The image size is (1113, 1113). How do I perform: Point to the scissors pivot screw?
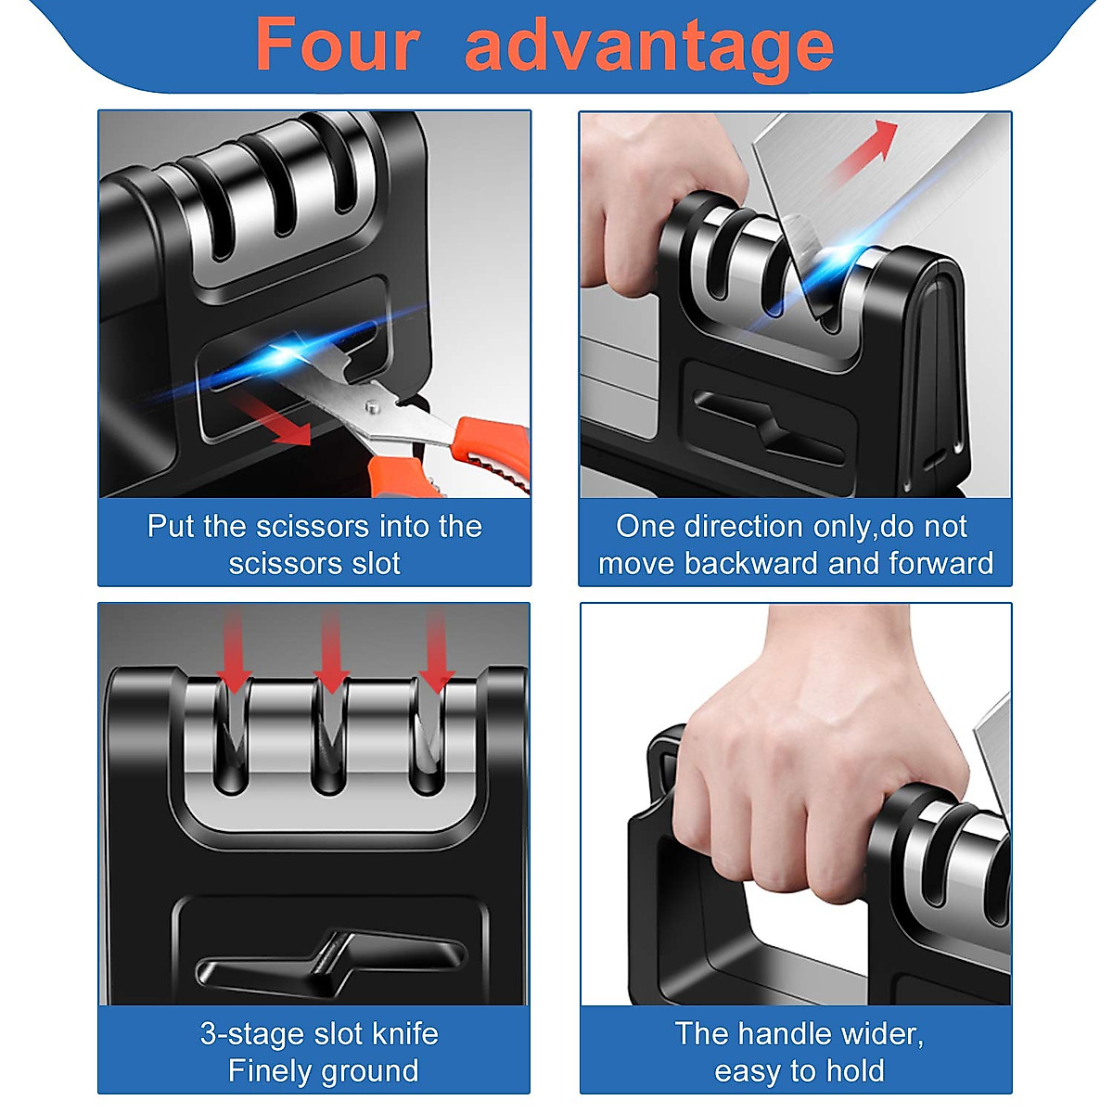[373, 405]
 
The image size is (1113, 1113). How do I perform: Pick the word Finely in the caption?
[269, 1071]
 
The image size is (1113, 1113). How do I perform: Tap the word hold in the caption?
[854, 1071]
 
